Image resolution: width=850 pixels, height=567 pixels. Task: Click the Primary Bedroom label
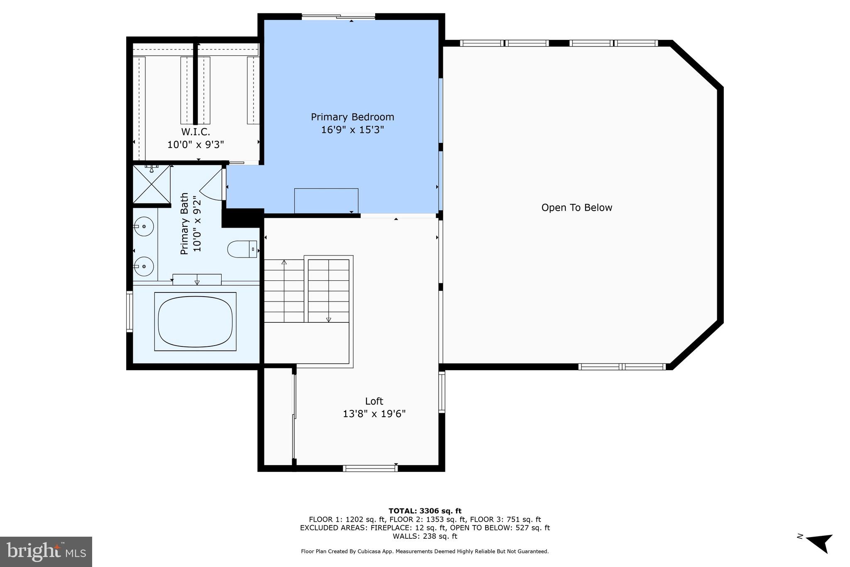pos(352,117)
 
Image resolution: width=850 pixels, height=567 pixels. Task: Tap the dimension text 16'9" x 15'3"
pos(352,130)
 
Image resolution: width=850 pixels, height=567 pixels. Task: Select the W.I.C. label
pos(195,132)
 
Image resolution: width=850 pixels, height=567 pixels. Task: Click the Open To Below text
pos(576,208)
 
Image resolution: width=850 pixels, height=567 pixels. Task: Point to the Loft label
pos(374,401)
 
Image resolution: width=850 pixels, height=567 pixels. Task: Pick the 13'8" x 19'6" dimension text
pos(374,414)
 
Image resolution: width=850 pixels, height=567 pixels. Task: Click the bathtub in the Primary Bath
pos(195,321)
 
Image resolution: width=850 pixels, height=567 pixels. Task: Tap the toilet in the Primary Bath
pos(242,249)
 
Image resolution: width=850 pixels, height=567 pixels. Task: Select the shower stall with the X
pos(151,184)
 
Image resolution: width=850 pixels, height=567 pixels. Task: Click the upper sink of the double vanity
pos(144,227)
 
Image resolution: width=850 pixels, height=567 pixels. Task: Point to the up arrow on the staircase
pos(284,263)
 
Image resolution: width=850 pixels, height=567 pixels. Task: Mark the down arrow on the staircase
pos(329,319)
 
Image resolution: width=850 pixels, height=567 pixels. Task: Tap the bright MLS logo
pos(46,552)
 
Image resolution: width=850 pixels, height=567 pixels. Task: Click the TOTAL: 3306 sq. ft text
pos(425,511)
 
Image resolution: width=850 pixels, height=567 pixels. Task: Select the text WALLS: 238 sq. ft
pos(425,536)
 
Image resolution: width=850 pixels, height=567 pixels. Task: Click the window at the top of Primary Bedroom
pos(338,17)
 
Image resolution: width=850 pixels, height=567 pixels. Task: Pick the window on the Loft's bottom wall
pos(370,469)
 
